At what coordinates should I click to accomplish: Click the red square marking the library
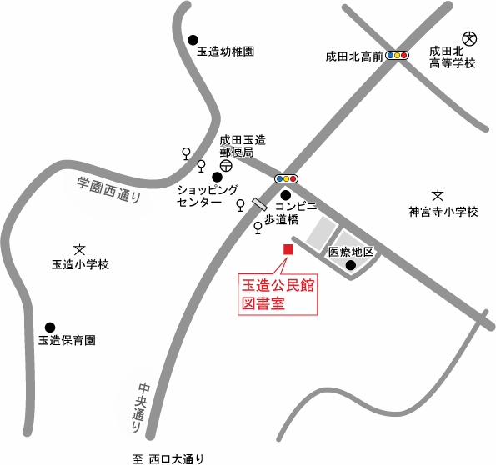click(288, 249)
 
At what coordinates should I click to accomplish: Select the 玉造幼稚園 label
click(225, 52)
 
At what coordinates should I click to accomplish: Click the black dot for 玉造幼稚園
click(193, 39)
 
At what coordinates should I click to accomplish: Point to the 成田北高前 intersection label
click(354, 57)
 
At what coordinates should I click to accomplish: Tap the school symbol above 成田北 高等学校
click(469, 37)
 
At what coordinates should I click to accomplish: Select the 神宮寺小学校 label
click(443, 212)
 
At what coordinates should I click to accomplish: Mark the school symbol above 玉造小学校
click(80, 248)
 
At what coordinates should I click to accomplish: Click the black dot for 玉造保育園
click(50, 327)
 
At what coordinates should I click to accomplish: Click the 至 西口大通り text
click(168, 457)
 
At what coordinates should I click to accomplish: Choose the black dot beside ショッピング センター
click(218, 177)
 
